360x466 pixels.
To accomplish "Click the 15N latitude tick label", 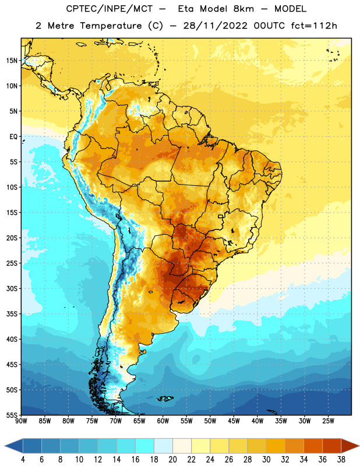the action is (x=12, y=61).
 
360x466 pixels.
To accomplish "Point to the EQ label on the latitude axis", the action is (x=13, y=137).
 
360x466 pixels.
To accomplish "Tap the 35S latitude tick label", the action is (x=12, y=314).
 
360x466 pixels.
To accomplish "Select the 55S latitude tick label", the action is (x=12, y=415).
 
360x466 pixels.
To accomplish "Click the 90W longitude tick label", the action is (x=21, y=421).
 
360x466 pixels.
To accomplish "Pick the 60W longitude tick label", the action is (x=163, y=421).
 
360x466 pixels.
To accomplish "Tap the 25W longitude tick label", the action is (x=328, y=421).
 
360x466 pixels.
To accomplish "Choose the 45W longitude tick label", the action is (x=234, y=421).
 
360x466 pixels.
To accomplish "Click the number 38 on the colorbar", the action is (x=341, y=460).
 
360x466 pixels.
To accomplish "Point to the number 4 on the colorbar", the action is (x=23, y=460).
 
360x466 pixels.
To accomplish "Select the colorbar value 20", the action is (x=172, y=460).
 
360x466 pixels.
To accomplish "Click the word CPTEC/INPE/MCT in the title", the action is (x=109, y=9).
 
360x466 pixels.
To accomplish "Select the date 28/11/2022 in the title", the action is (x=215, y=26).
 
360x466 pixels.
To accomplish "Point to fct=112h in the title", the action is (x=314, y=26).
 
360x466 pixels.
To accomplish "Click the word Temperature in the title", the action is (x=111, y=26).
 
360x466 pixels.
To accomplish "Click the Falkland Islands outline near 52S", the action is (x=165, y=398).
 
